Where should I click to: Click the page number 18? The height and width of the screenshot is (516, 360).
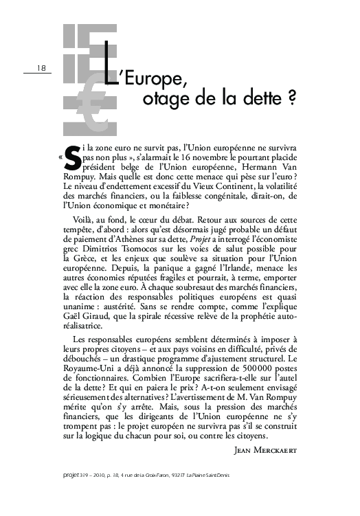41,67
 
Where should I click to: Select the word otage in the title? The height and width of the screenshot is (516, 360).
162,98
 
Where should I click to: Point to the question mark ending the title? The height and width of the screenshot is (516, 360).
292,98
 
